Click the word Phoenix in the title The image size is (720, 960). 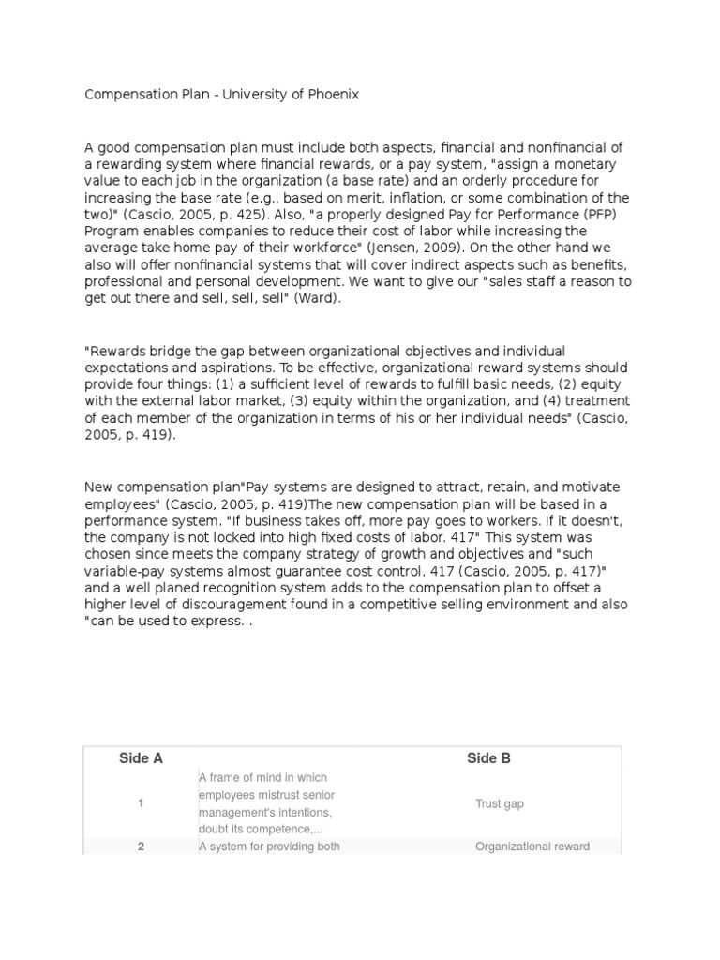pos(332,95)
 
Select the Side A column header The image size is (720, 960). pos(141,758)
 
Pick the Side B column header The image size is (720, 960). pos(488,758)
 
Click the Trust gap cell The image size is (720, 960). pos(500,803)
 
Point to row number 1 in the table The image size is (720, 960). pos(141,803)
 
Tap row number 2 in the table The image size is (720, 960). pos(141,847)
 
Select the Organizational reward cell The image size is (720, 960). pos(532,847)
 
